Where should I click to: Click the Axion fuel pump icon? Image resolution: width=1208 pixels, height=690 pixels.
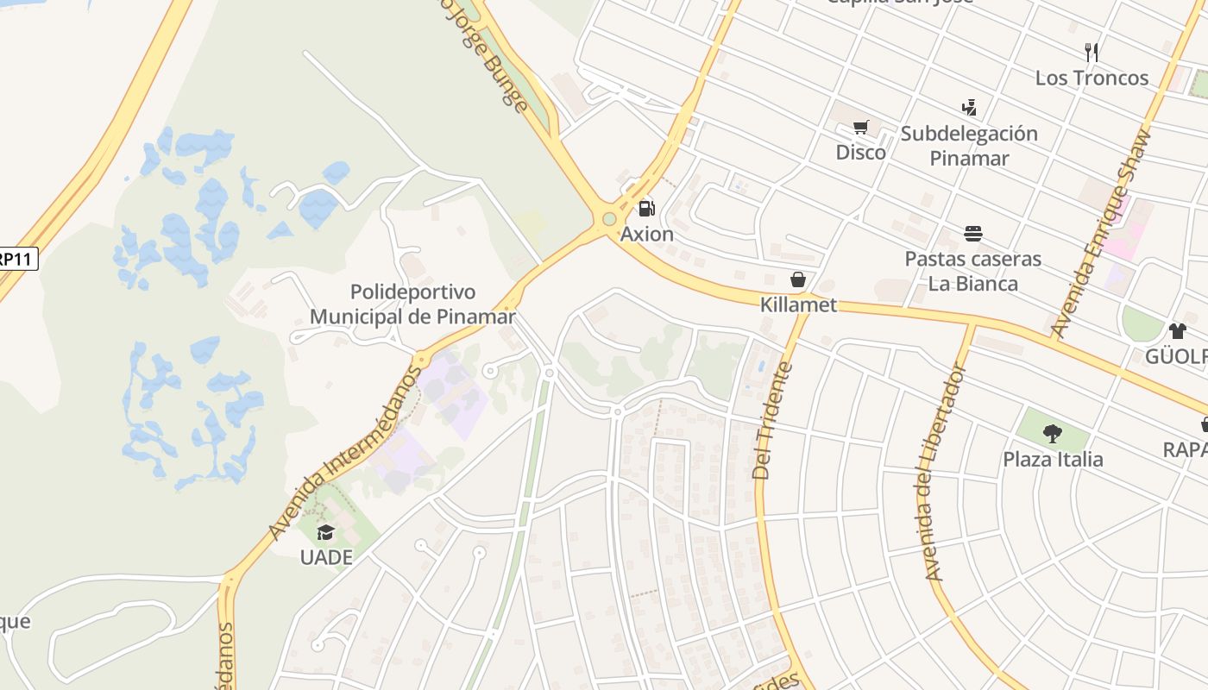[x=645, y=209]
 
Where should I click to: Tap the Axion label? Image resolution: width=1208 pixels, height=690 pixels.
[x=647, y=234]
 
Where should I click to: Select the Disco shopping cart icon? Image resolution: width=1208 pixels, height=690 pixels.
[x=860, y=128]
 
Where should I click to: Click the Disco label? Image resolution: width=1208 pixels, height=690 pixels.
[x=860, y=153]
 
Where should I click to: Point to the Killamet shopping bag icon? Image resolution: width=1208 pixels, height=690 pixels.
[x=798, y=279]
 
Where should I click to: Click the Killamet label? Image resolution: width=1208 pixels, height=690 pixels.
[x=798, y=304]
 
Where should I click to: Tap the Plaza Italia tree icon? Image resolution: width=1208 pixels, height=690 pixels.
[x=1052, y=433]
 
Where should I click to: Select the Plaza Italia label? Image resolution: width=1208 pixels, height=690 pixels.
[x=1053, y=459]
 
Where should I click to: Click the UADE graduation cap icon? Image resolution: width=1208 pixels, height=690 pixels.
[x=325, y=532]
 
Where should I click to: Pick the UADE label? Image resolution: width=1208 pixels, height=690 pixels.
[x=326, y=557]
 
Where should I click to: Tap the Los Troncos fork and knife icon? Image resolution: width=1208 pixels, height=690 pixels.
[x=1092, y=52]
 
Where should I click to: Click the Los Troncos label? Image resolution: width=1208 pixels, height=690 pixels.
[x=1092, y=78]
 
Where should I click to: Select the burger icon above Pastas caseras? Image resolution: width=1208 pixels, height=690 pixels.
[x=973, y=234]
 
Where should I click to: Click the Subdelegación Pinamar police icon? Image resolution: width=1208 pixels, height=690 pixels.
[x=969, y=108]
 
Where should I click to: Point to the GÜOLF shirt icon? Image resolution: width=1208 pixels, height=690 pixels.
[x=1177, y=330]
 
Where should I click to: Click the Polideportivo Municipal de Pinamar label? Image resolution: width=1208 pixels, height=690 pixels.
[x=412, y=304]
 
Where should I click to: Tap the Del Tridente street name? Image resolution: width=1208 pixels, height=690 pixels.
[x=773, y=421]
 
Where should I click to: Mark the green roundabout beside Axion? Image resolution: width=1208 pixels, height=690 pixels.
[x=610, y=219]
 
